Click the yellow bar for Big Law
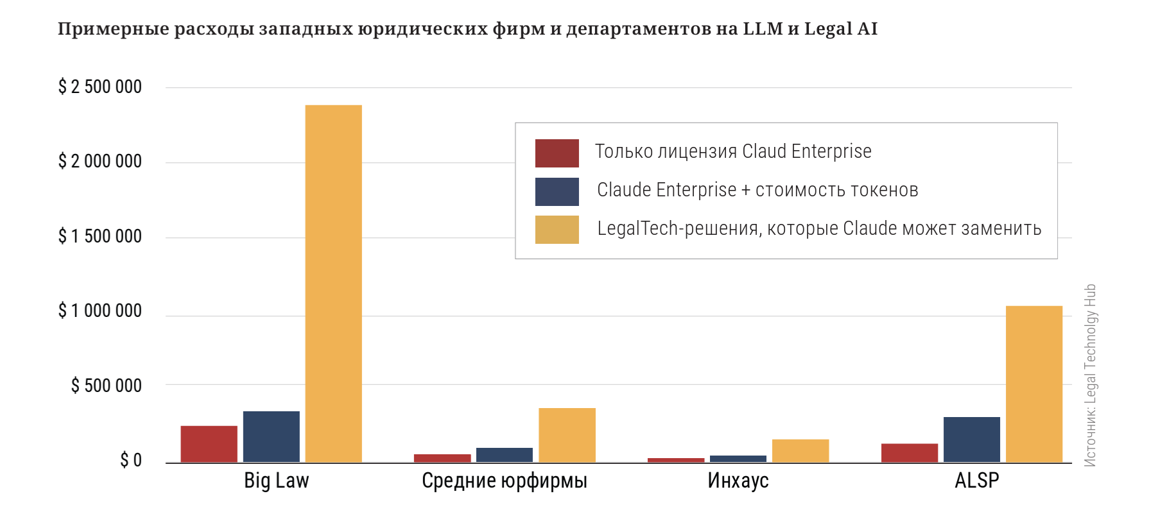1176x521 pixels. (333, 284)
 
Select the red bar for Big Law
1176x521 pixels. (209, 444)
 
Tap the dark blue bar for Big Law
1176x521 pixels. (271, 437)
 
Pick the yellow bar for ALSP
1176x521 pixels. (1034, 384)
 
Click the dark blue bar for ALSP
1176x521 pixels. (972, 440)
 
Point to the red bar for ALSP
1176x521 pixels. (910, 453)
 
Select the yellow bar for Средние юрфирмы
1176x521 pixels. (567, 435)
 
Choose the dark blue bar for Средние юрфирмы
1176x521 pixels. (505, 455)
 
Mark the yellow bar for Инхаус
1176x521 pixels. (800, 451)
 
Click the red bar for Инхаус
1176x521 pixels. (676, 460)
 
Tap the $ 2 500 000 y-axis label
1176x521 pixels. (100, 87)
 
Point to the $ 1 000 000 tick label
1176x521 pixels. (100, 311)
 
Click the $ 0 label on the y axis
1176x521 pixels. (131, 460)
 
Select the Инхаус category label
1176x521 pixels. (738, 481)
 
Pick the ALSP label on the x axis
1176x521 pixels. (977, 481)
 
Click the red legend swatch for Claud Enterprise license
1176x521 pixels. (557, 153)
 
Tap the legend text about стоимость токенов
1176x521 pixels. (757, 190)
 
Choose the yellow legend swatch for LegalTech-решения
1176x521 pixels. (557, 230)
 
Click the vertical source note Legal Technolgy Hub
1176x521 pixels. (1090, 375)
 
